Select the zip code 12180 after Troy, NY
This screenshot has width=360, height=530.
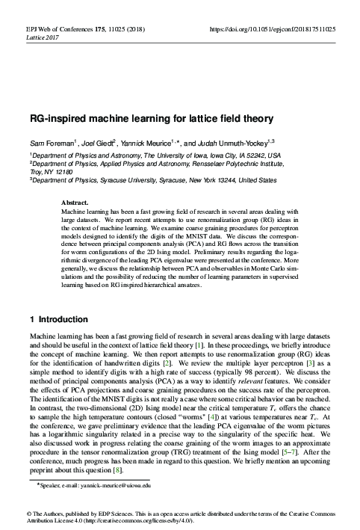click(65, 170)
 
